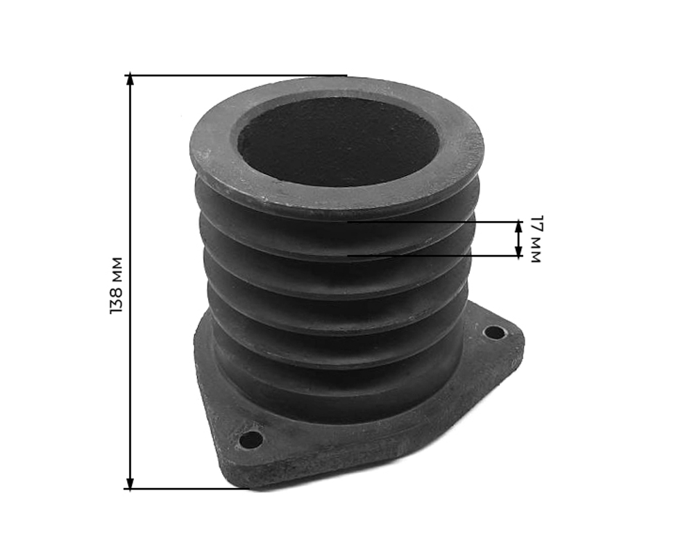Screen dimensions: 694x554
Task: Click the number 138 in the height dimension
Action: click(116, 300)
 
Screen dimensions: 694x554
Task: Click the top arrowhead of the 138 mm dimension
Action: click(130, 79)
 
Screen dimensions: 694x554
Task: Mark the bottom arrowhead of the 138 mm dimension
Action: click(130, 484)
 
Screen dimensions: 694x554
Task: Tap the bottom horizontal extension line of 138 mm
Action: click(189, 489)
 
